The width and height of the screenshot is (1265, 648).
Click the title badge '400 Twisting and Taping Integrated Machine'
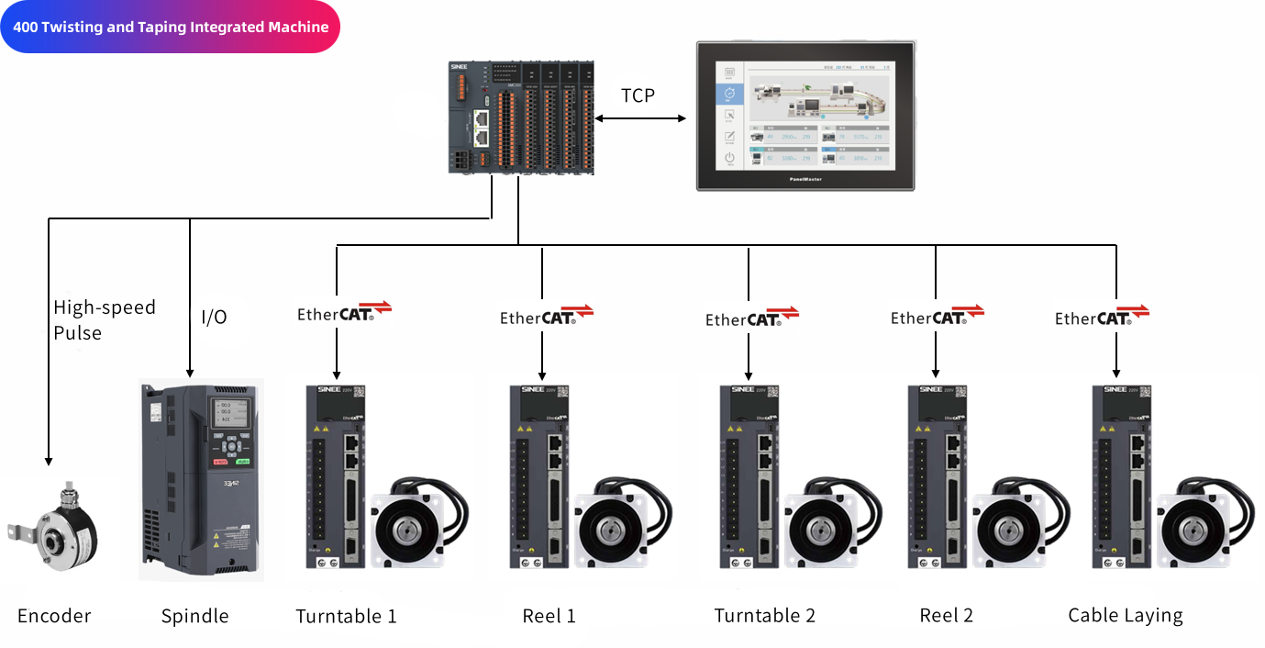(x=171, y=28)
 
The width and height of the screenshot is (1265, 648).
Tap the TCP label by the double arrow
(x=638, y=95)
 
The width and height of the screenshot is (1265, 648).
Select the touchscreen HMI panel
(x=805, y=116)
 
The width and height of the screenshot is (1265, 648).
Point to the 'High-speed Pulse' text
(x=104, y=319)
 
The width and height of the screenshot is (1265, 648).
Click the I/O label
(x=214, y=318)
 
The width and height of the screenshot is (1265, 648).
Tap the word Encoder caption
(x=54, y=616)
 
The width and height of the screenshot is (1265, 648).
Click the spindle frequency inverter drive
(x=201, y=479)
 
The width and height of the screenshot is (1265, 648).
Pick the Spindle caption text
(x=194, y=616)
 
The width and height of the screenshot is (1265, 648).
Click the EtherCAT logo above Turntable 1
(x=344, y=313)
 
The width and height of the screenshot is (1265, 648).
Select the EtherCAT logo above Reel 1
(x=547, y=317)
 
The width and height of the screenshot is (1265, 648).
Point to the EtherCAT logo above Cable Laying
(x=1102, y=317)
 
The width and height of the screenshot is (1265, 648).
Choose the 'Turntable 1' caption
(x=346, y=616)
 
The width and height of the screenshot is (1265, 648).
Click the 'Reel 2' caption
(x=946, y=616)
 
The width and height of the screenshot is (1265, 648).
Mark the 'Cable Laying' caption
(x=1126, y=616)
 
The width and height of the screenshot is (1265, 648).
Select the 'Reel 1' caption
(x=549, y=616)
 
